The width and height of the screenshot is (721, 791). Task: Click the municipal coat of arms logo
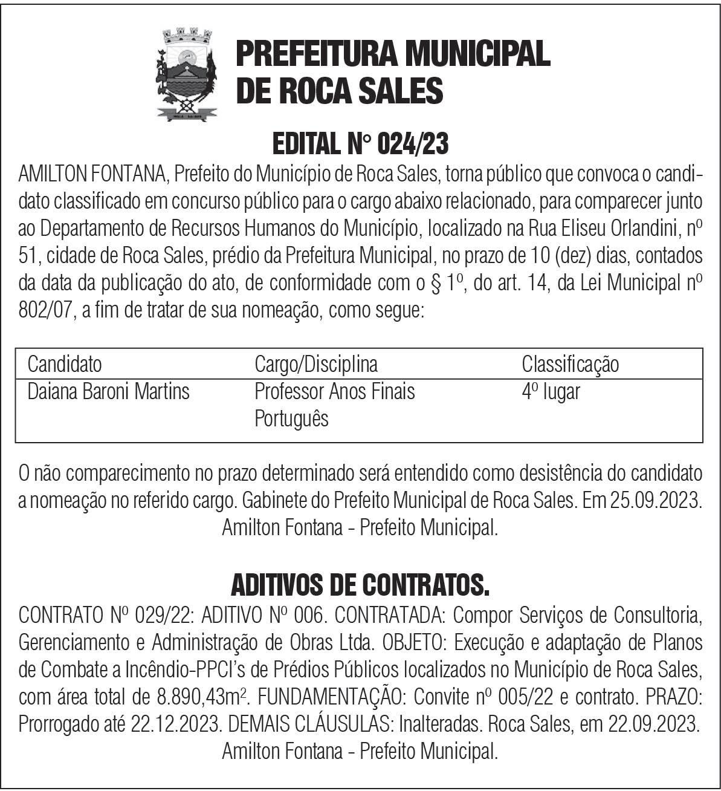click(187, 73)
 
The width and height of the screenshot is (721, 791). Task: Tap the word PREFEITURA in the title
click(314, 54)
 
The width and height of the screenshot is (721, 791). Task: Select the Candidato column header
click(65, 365)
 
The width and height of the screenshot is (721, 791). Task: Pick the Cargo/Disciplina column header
click(316, 365)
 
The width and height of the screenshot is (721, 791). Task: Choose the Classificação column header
click(570, 365)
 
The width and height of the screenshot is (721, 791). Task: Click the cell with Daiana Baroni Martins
click(109, 391)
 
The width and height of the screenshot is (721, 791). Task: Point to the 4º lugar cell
click(551, 391)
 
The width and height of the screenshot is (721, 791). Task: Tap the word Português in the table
click(291, 418)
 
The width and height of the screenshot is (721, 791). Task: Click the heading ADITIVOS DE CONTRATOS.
click(360, 585)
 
